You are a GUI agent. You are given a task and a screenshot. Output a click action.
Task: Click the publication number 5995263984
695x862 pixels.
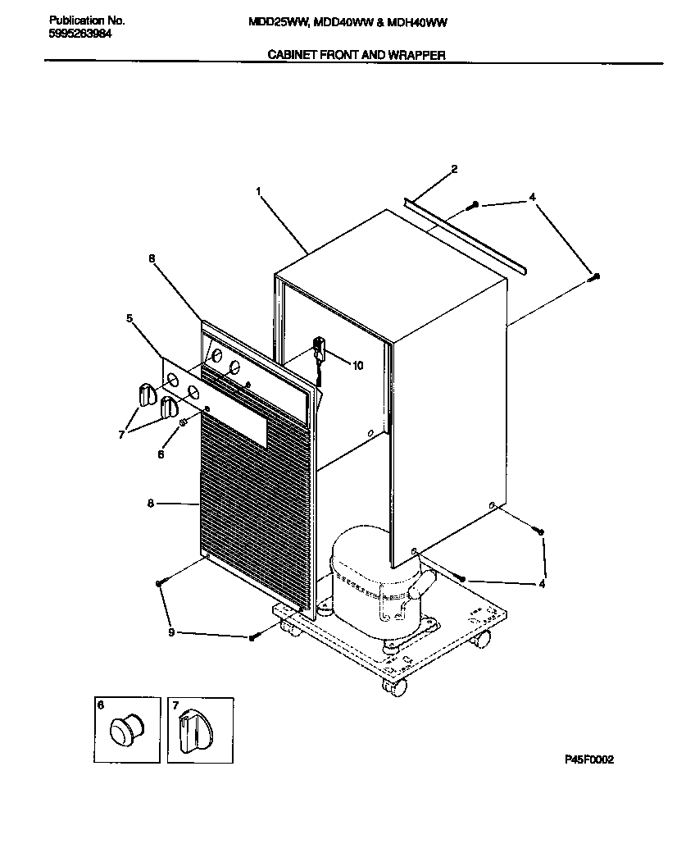tap(80, 35)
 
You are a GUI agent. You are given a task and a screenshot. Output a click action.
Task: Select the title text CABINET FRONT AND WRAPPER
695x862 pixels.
tap(357, 55)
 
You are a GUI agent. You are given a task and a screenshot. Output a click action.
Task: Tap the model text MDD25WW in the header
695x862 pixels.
tap(277, 22)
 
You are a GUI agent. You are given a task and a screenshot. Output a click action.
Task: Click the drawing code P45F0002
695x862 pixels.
tap(588, 759)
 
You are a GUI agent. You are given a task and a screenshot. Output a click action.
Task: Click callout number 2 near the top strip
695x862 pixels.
tap(454, 170)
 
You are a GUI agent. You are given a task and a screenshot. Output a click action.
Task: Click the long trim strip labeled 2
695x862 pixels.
tap(467, 233)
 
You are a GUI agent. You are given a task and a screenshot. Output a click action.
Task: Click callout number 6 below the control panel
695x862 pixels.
tap(161, 454)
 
